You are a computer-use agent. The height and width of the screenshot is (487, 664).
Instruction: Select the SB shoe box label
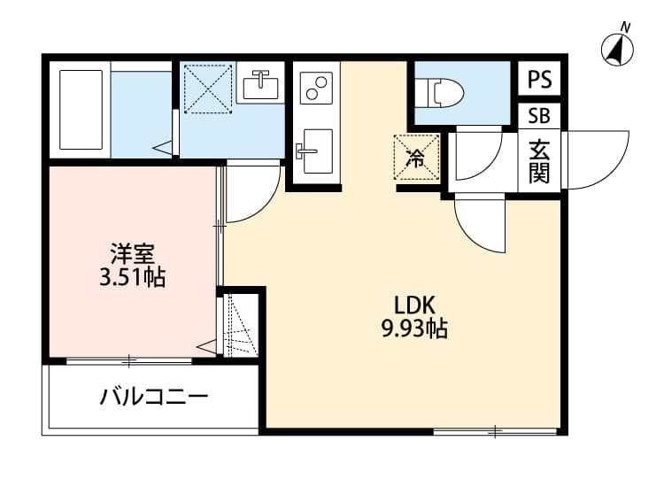(539, 116)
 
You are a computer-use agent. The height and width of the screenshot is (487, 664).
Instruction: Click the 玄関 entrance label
(539, 161)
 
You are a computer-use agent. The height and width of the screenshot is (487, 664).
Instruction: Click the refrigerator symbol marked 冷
(415, 158)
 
